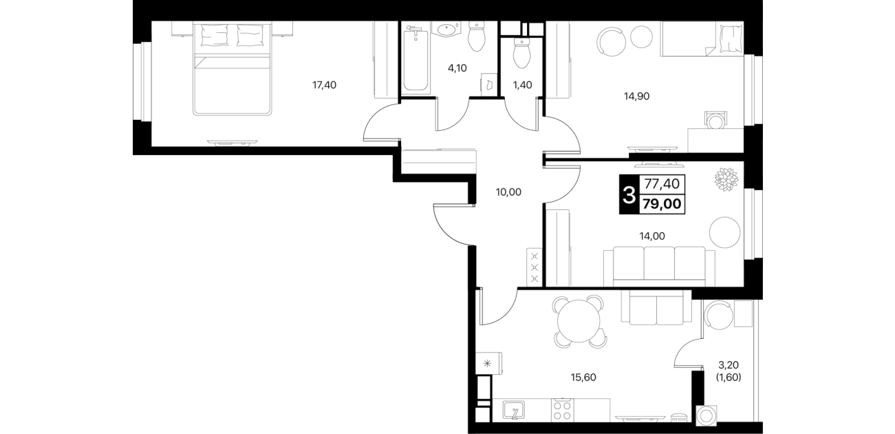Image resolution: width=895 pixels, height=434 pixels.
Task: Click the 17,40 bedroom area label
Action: tap(324, 85)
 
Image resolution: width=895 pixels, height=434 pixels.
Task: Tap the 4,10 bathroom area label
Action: tap(457, 68)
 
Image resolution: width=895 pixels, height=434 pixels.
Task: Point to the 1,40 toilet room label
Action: tap(523, 85)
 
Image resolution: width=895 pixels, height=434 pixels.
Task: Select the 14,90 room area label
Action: tap(636, 96)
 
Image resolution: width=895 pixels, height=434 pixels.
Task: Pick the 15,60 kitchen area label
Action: tap(583, 378)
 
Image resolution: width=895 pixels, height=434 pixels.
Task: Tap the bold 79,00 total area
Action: tap(662, 204)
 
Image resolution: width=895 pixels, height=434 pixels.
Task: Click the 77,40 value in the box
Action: tap(662, 184)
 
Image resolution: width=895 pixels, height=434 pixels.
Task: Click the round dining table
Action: tap(579, 321)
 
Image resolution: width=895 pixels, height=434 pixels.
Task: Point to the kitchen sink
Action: tap(513, 410)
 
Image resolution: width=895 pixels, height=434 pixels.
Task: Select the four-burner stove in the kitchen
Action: tap(563, 410)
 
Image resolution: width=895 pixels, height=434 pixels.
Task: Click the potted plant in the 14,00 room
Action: tap(726, 179)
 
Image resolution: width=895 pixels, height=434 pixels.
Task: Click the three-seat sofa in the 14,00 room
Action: tap(659, 267)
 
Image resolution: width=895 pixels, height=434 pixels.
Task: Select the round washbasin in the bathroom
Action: tap(446, 30)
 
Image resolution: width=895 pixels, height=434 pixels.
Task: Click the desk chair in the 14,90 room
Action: tap(715, 121)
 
